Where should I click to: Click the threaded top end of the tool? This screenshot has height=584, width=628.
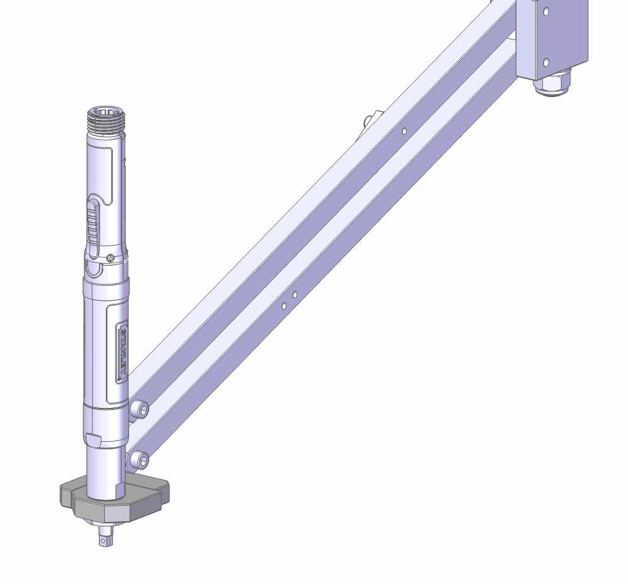click(106, 117)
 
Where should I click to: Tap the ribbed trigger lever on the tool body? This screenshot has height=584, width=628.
click(93, 226)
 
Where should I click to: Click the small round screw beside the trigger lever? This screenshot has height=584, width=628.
click(110, 258)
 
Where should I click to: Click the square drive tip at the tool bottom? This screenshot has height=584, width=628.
click(105, 536)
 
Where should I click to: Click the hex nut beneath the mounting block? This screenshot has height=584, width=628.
click(552, 84)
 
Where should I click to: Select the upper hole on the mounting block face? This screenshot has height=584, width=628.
click(546, 11)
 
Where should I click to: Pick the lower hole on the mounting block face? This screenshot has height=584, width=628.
click(546, 62)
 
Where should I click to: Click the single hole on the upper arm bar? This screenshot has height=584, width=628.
click(404, 131)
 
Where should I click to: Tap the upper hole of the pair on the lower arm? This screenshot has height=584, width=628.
click(295, 295)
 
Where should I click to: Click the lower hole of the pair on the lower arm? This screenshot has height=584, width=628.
click(284, 306)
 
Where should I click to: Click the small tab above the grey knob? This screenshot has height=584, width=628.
click(93, 438)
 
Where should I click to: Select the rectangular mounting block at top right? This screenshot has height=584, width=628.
click(552, 38)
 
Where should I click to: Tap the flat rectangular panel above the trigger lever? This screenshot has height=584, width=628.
click(101, 169)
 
